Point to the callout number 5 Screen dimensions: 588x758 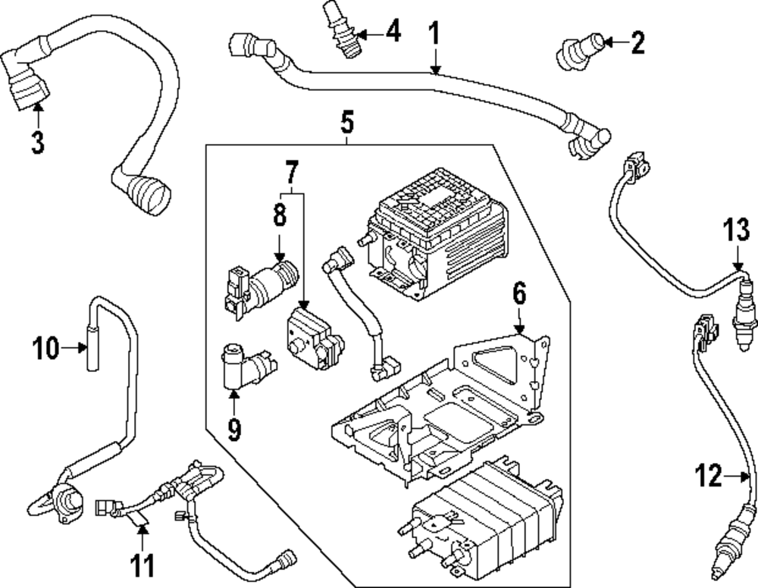point(347,120)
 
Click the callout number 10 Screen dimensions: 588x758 point(45,349)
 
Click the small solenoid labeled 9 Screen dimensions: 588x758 point(235,367)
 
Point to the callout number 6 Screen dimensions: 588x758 point(518,293)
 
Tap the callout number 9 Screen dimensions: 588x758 point(234,430)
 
